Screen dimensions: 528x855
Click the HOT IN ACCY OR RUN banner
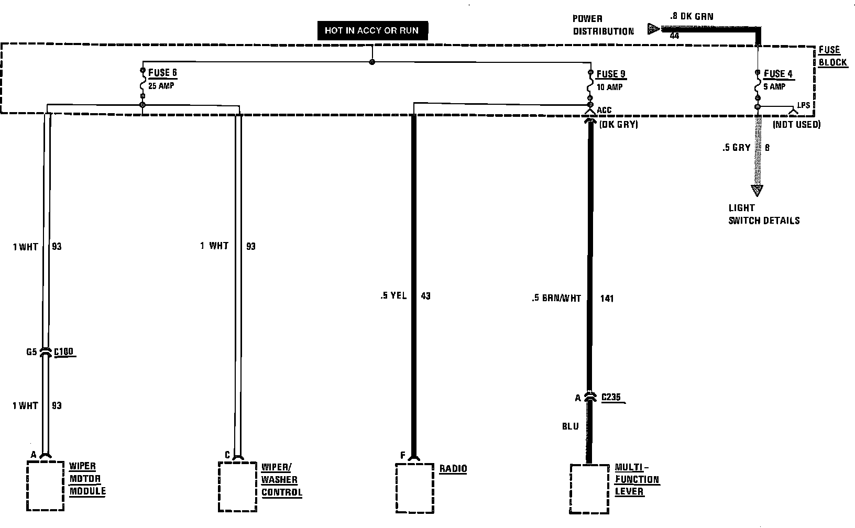[x=371, y=30]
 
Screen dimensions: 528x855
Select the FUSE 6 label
[x=162, y=72]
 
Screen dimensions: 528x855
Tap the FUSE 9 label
[x=611, y=74]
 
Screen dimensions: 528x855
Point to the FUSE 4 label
[x=779, y=74]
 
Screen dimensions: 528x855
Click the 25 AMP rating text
[x=161, y=85]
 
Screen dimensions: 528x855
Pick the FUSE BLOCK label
[x=832, y=56]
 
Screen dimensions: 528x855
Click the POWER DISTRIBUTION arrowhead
[x=653, y=29]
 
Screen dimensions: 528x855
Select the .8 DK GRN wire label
[x=691, y=17]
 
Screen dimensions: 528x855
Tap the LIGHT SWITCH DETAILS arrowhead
[x=757, y=190]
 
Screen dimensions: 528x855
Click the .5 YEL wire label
[x=393, y=296]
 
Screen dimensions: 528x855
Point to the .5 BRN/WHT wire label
[x=556, y=299]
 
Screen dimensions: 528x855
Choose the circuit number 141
[x=607, y=299]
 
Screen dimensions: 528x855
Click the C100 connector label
[x=63, y=351]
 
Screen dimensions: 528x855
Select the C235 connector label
[x=611, y=397]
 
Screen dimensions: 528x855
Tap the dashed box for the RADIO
[x=414, y=488]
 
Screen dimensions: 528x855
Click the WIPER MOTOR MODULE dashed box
[x=46, y=486]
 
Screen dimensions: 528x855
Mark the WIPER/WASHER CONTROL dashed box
[x=238, y=486]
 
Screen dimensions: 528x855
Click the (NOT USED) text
[x=796, y=125]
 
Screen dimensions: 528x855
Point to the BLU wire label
[x=570, y=426]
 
